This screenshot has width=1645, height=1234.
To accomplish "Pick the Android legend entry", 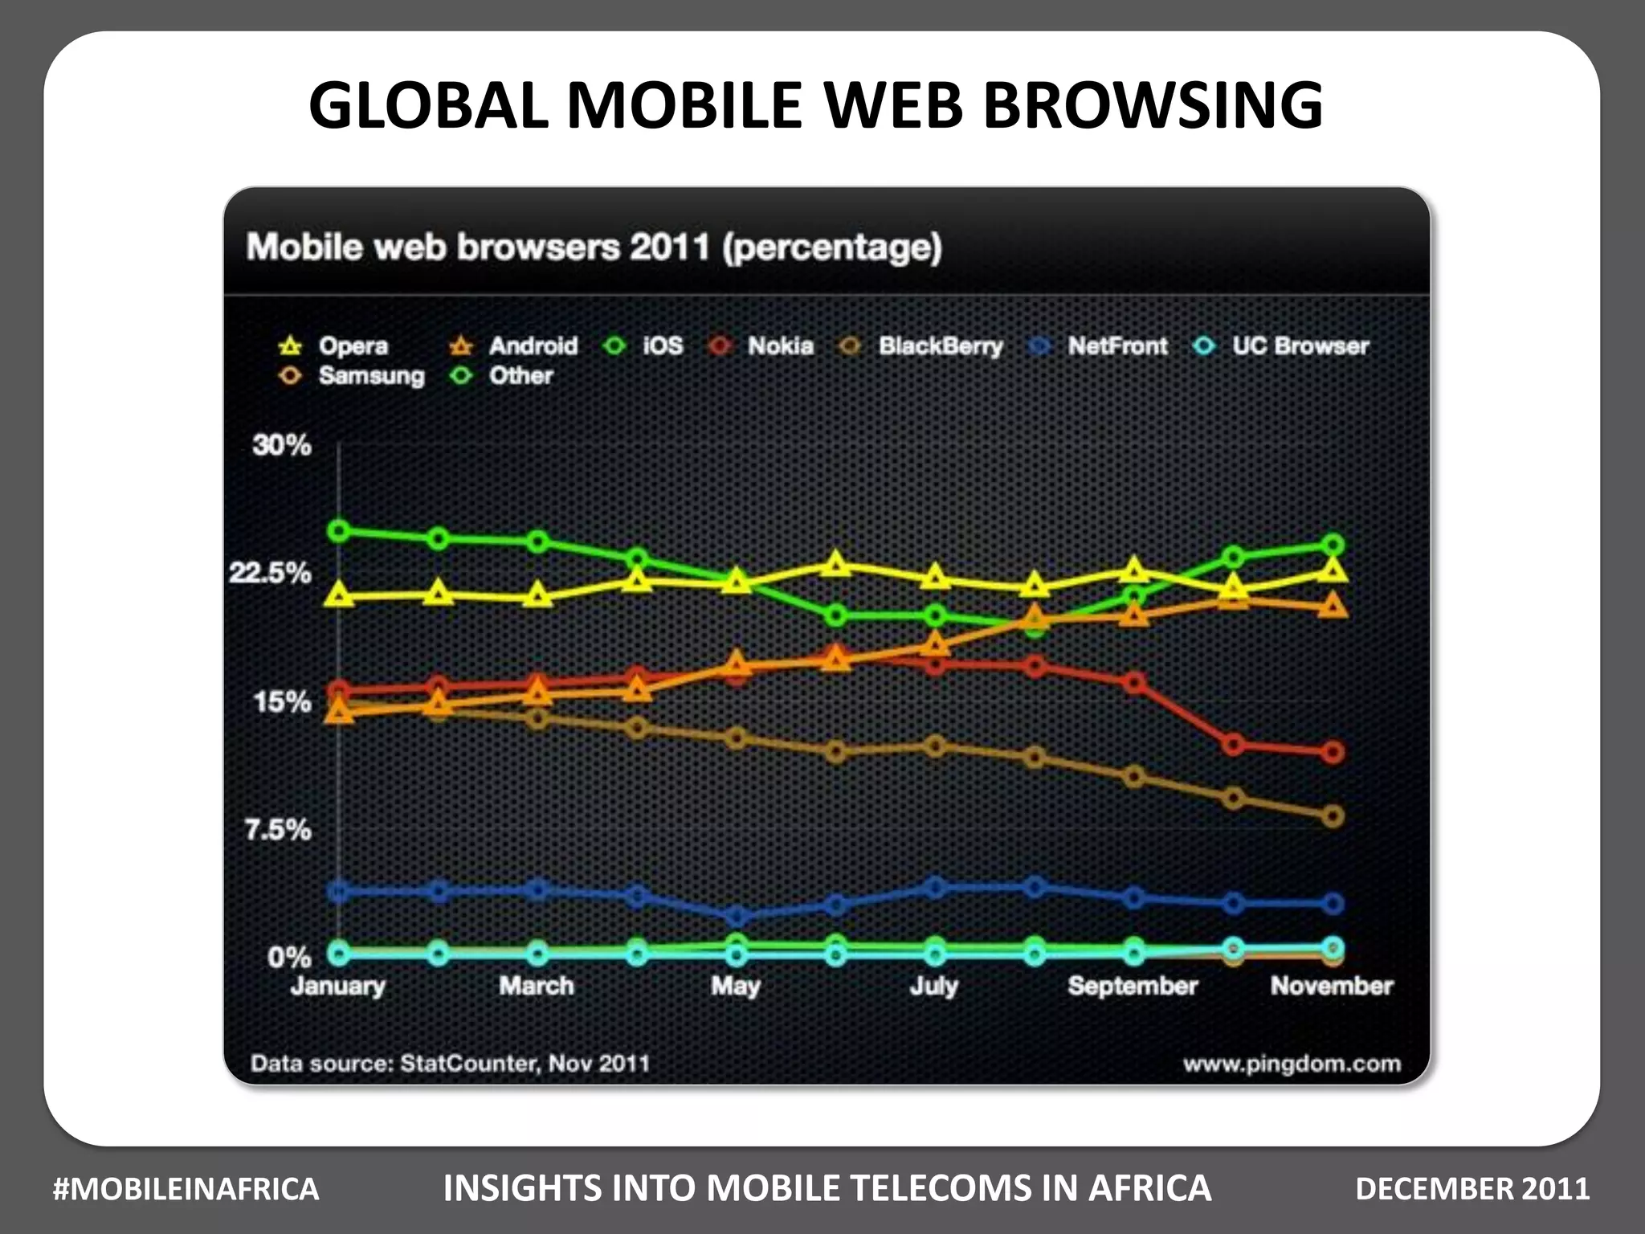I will [x=515, y=345].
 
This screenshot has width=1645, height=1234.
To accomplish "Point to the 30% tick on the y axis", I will [x=282, y=444].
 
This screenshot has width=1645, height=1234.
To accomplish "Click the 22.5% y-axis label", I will [x=270, y=573].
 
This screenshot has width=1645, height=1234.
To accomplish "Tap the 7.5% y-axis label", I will [x=278, y=829].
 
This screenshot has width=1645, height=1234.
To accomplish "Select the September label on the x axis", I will [x=1133, y=986].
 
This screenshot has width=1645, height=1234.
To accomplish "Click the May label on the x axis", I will [x=735, y=986].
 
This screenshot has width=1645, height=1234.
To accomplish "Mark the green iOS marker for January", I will [x=339, y=530].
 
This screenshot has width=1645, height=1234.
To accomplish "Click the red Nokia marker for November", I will [x=1333, y=753].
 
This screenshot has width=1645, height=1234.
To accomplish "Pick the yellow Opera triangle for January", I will [x=339, y=595].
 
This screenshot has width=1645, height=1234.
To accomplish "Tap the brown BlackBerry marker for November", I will [x=1333, y=816].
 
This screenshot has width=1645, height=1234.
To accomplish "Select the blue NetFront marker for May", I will [x=737, y=916].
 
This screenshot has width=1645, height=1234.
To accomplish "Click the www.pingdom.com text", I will [x=1292, y=1064].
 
